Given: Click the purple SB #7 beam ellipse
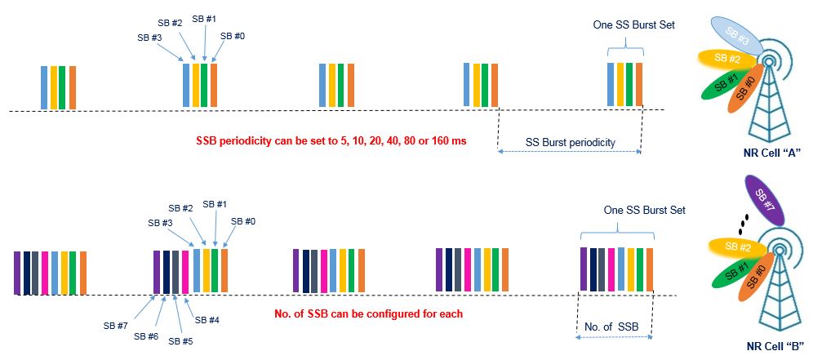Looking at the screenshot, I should tap(763, 201).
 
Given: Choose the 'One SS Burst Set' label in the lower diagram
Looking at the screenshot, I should tap(644, 210).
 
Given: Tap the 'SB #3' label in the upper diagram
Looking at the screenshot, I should tap(150, 37).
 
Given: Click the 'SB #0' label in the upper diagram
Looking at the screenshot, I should tap(233, 36).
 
